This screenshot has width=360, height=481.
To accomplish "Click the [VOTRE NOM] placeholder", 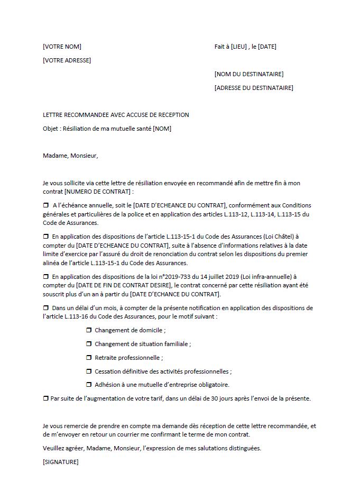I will point(62,47).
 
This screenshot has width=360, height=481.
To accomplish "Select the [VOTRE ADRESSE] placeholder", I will point(67,60).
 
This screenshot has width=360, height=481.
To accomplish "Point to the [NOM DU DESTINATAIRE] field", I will point(248,74).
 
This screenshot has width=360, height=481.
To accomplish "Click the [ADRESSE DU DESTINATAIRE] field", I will point(254,88).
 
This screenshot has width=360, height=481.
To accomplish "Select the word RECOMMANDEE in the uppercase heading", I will point(86,115).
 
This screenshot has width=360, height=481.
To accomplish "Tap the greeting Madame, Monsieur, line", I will point(70,156).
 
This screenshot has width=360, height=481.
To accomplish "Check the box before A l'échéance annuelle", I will point(45,205).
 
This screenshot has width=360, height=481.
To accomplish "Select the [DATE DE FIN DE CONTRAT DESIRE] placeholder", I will point(121,285).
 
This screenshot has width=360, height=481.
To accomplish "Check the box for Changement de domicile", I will point(89,330).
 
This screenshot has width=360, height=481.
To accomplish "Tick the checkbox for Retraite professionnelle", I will point(89,358).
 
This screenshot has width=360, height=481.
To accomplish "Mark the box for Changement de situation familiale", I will point(89,344).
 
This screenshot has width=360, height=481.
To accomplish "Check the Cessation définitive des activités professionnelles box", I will point(89,371).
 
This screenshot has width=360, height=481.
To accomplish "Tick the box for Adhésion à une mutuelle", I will point(89,385).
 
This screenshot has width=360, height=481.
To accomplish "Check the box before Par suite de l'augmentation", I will point(45,398).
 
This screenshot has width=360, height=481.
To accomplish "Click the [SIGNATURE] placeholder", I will point(60,462).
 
